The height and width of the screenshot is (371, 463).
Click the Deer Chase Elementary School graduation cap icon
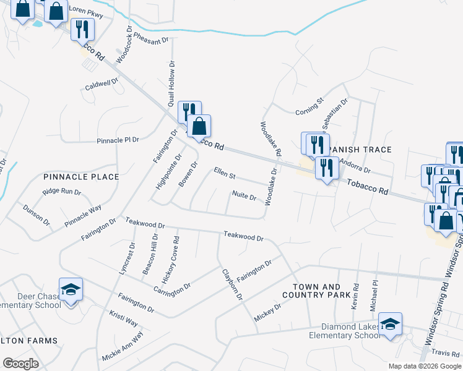(71, 289)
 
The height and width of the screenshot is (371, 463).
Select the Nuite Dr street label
(244, 196)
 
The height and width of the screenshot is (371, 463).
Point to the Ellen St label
(225, 174)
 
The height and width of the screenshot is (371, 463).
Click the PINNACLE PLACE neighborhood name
(81, 177)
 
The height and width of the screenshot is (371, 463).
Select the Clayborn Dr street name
(232, 284)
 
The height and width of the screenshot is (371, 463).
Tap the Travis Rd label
(445, 352)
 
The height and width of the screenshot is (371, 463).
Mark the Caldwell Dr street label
(102, 83)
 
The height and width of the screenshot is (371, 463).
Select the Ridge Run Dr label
(62, 192)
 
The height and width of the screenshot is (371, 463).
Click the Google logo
(20, 363)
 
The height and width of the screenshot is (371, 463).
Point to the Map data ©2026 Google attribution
(425, 366)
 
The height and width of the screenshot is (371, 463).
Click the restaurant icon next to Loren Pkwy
(82, 28)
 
